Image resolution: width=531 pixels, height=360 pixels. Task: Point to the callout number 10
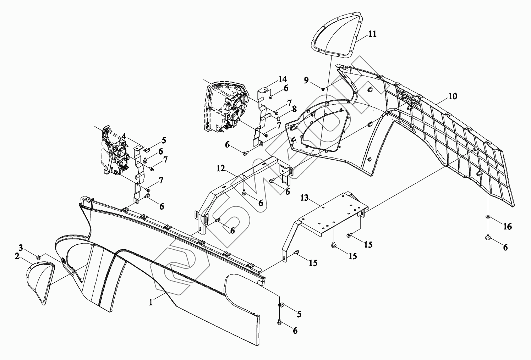point(453,96)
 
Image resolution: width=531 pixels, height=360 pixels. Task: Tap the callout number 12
point(221,168)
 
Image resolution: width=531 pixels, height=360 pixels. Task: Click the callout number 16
point(507,226)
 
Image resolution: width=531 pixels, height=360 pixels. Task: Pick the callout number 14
point(283,79)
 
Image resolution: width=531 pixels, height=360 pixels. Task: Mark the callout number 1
point(151,303)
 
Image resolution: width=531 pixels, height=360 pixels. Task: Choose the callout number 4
point(124,135)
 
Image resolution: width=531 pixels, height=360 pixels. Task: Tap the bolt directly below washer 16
point(488,237)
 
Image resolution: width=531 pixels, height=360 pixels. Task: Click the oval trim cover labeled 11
point(335,35)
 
